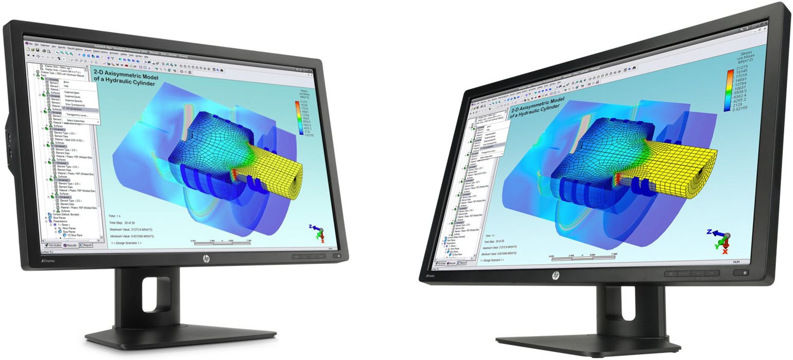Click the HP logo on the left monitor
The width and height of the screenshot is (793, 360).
(206, 258)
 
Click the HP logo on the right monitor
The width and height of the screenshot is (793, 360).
(556, 277)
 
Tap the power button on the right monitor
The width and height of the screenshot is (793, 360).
(745, 273)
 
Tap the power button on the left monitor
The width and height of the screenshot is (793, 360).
(337, 256)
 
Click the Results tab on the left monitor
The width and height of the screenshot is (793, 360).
(70, 245)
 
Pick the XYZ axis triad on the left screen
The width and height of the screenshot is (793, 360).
(319, 233)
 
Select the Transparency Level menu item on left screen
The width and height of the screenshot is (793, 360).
(77, 115)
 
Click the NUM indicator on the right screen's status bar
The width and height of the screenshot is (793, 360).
(736, 262)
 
